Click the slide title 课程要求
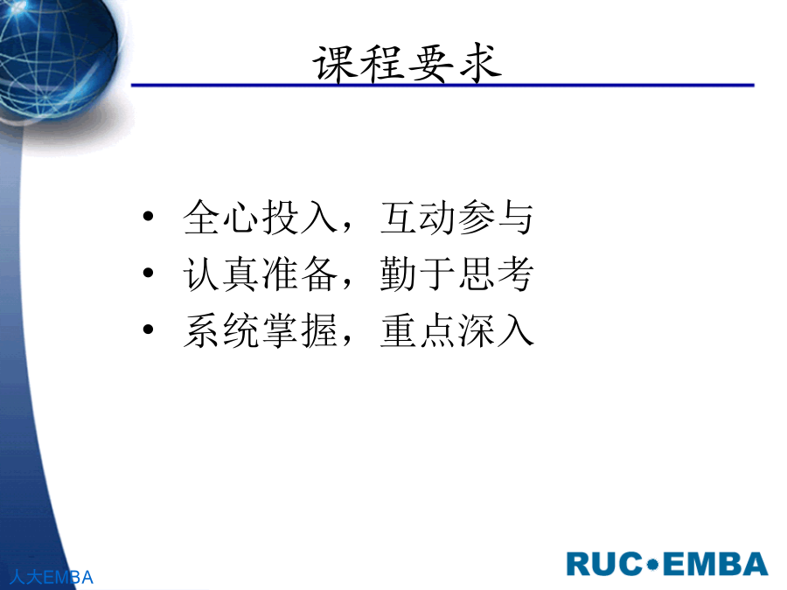[407, 63]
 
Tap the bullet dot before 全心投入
[148, 216]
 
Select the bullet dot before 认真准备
[148, 273]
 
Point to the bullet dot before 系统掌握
[148, 330]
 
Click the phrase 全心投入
[260, 218]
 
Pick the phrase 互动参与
[456, 218]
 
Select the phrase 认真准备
[260, 274]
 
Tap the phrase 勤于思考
[456, 274]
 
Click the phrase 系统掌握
[260, 330]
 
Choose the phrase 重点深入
[456, 330]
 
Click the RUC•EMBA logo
[667, 564]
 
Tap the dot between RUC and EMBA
[652, 565]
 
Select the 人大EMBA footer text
[52, 577]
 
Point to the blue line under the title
[442, 86]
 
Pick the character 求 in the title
[480, 63]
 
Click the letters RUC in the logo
[605, 564]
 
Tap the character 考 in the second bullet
[515, 274]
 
